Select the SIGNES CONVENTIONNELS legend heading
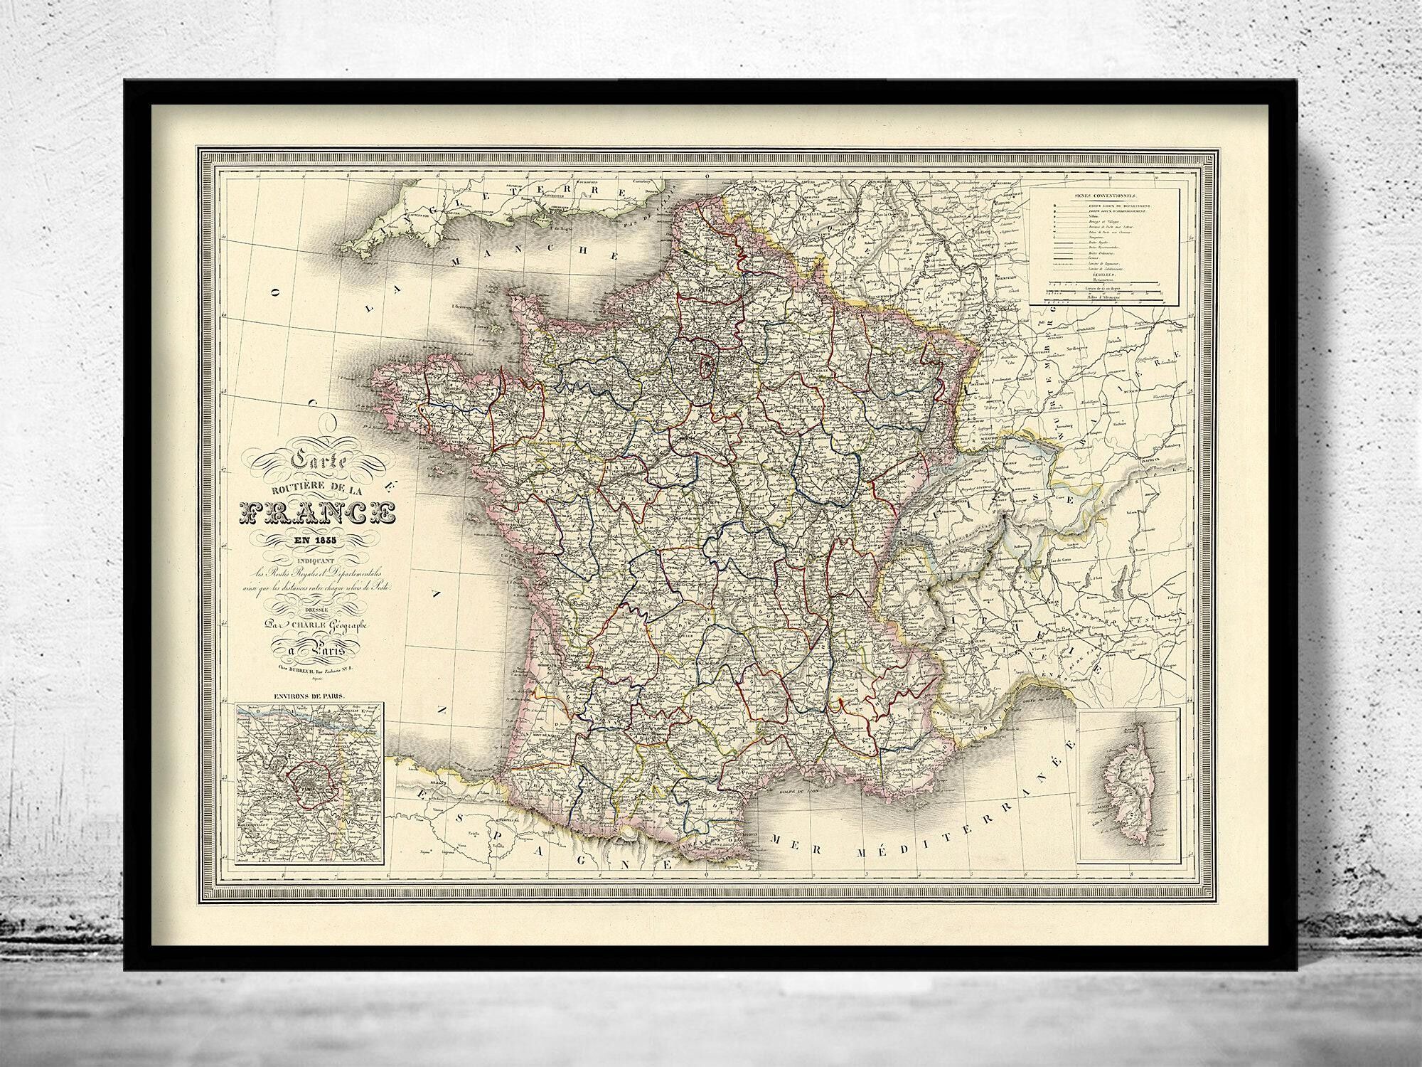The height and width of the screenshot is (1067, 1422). point(1104,195)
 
